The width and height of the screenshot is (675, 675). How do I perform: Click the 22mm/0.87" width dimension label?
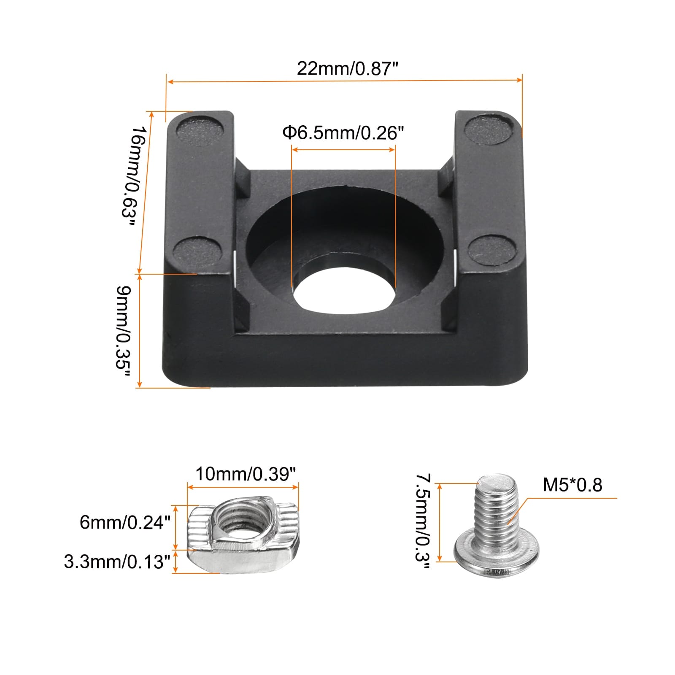[348, 68]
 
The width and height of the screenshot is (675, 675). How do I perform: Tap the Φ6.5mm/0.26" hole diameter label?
[343, 133]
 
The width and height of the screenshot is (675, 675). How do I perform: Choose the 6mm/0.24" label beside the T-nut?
[125, 523]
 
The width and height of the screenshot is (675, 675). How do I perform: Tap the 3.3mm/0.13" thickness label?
[117, 562]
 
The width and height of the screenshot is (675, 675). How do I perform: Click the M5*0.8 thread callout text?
[572, 485]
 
